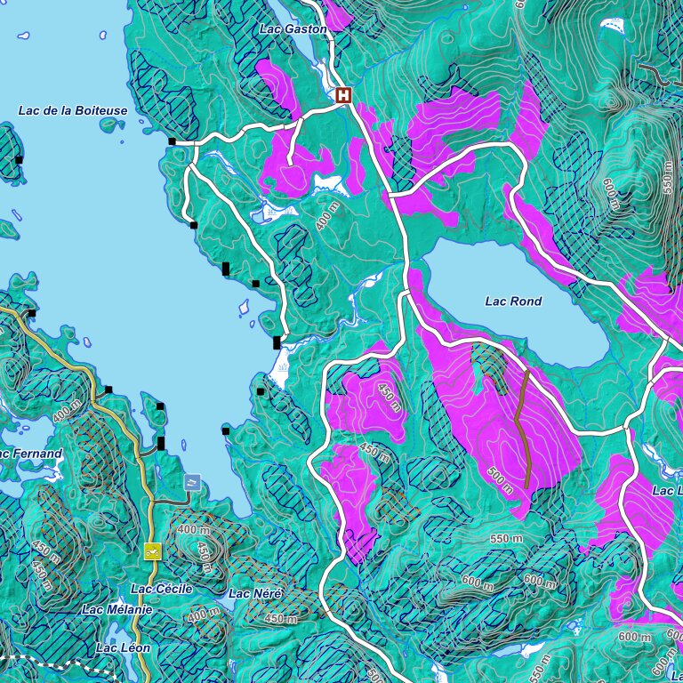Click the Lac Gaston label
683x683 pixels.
pyautogui.click(x=293, y=29)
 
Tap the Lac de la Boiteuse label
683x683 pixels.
pyautogui.click(x=73, y=111)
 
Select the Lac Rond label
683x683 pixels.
pyautogui.click(x=513, y=301)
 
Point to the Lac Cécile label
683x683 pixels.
pyautogui.click(x=161, y=589)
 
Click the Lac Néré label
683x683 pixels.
pyautogui.click(x=255, y=593)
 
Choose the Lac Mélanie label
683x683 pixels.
pyautogui.click(x=117, y=610)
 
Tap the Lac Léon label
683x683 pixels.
pyautogui.click(x=124, y=648)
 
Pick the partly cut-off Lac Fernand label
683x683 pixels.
pyautogui.click(x=30, y=454)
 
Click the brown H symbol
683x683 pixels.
pyautogui.click(x=343, y=95)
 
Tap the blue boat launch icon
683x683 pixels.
pyautogui.click(x=192, y=482)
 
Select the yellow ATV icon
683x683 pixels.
pyautogui.click(x=152, y=551)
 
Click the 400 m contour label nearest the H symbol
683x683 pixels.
pyautogui.click(x=328, y=216)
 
